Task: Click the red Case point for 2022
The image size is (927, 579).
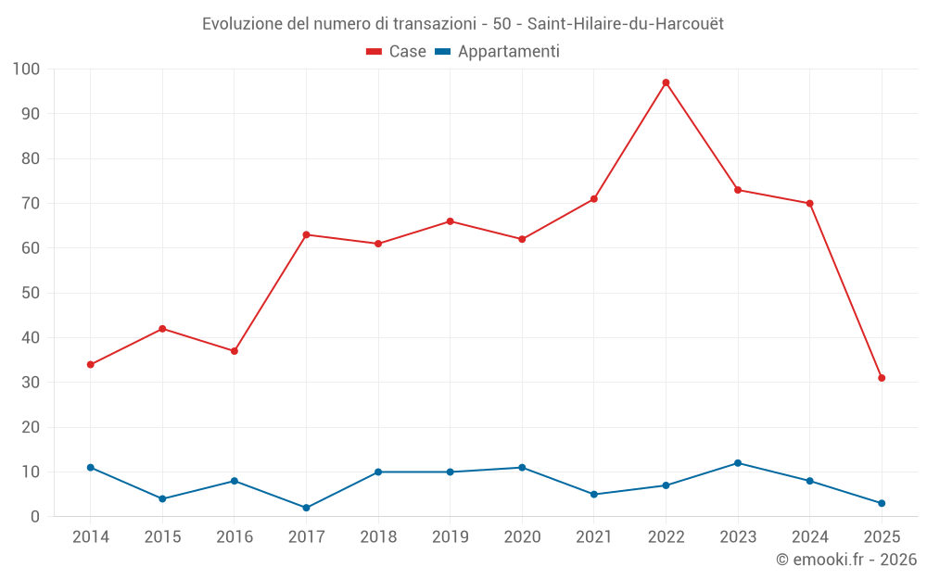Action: tap(666, 82)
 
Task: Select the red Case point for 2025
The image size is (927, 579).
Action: tap(882, 378)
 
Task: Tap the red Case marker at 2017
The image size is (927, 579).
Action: tap(306, 234)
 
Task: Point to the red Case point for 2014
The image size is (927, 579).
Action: tap(91, 364)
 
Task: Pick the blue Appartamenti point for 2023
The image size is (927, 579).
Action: tap(738, 463)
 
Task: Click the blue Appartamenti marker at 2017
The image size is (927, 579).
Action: tap(306, 508)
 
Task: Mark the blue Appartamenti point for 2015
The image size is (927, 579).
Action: tap(162, 498)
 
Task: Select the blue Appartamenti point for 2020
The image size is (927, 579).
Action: tap(522, 468)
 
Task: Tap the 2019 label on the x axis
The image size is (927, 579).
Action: tap(450, 536)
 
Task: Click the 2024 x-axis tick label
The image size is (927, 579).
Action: tap(809, 536)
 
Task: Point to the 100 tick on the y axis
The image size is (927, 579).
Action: tap(26, 69)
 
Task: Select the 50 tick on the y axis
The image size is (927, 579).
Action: tap(31, 293)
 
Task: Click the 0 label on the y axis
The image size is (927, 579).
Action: tap(35, 517)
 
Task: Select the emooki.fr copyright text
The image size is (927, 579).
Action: tap(846, 560)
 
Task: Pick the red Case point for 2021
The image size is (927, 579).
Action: tap(594, 199)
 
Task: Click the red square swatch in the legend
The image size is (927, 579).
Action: tap(375, 52)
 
